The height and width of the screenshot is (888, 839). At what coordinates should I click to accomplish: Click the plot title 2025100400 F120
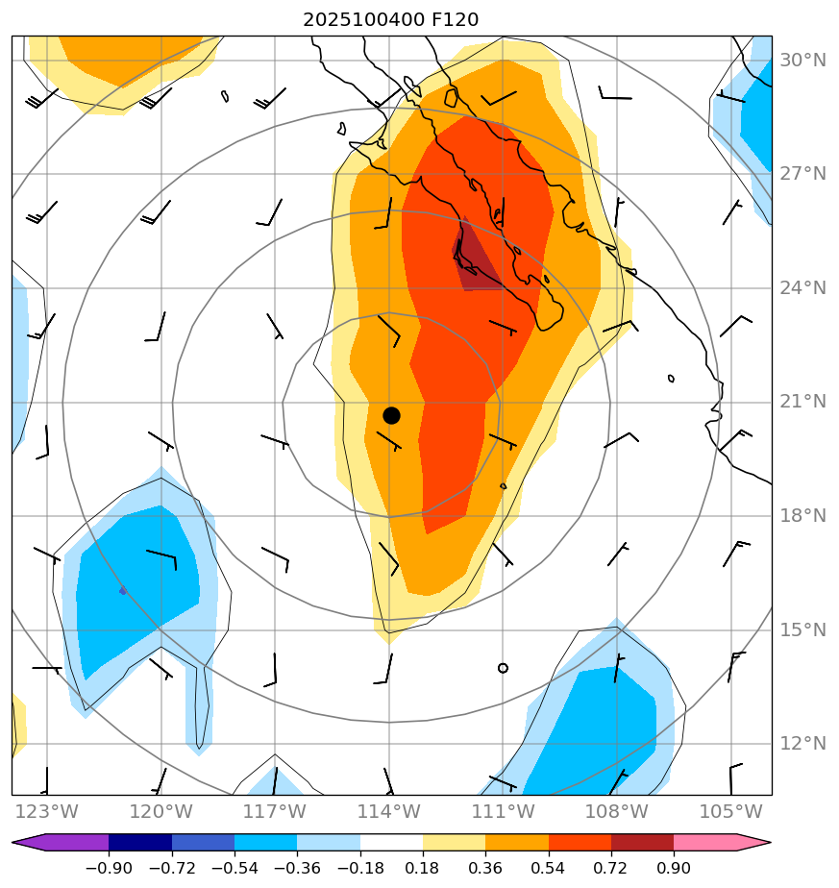point(390,19)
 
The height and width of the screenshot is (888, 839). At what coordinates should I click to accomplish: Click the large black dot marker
point(391,415)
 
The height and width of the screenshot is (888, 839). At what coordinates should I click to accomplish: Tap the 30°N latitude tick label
point(802,61)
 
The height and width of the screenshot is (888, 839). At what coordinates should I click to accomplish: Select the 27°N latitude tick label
point(802,174)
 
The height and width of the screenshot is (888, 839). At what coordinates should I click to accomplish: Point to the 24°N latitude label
point(802,288)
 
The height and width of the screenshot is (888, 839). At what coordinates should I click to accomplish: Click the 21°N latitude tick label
point(802,402)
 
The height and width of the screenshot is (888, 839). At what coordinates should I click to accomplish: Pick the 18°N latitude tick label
point(802,516)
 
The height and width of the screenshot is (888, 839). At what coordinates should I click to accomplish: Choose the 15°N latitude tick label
point(802,630)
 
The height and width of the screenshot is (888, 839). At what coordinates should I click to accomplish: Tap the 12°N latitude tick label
point(802,744)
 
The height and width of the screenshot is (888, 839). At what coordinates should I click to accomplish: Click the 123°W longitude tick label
point(46,811)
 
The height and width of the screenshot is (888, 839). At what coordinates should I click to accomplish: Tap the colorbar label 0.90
point(674,869)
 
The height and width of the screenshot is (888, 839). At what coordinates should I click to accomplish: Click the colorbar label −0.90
point(109,869)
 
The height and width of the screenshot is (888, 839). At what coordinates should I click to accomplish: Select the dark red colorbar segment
point(642,843)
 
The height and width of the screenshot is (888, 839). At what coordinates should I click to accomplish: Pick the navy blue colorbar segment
point(140,843)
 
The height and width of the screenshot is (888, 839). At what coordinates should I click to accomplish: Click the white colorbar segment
point(391,843)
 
